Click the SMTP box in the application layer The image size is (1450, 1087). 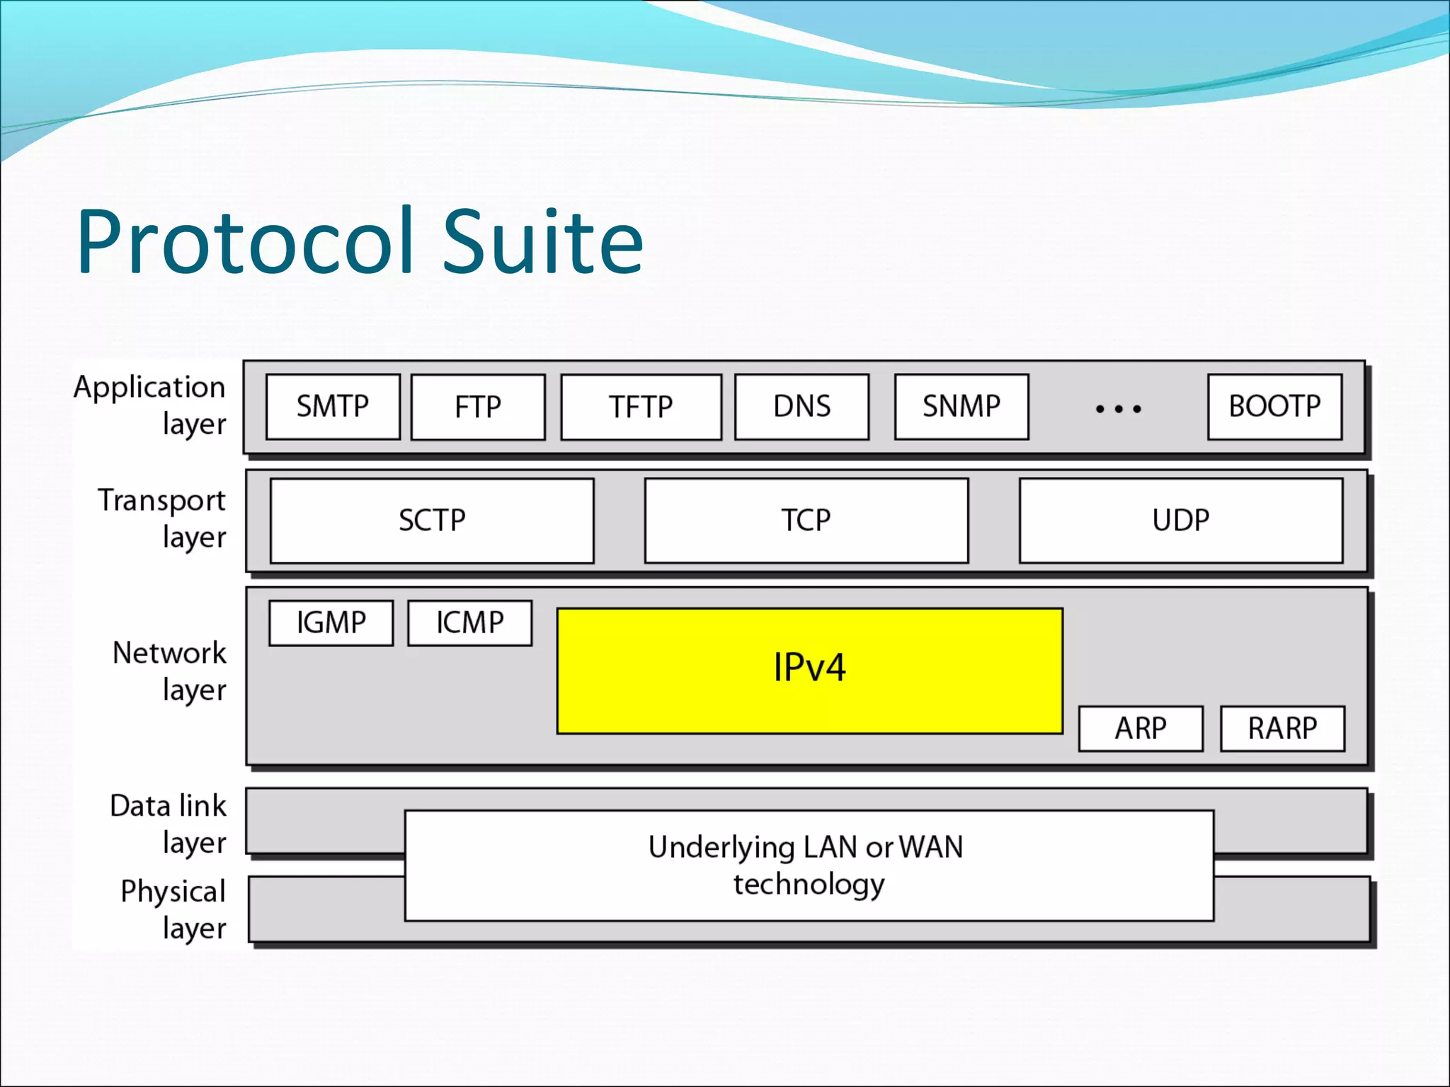point(333,407)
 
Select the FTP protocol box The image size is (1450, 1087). point(478,407)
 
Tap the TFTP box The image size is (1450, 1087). point(641,407)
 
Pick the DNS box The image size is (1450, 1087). point(801,407)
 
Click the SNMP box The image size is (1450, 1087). point(961,407)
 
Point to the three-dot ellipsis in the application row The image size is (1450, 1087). point(1118,409)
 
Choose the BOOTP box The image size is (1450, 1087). point(1274,407)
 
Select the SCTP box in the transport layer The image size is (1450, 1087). point(432,521)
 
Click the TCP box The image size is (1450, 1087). point(806,521)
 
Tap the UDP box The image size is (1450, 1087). point(1180,521)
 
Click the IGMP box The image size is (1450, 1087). point(331,623)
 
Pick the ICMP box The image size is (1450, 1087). point(469,623)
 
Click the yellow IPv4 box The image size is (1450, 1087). point(809,670)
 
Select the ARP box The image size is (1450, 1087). point(1141,728)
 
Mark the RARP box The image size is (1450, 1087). point(1282,728)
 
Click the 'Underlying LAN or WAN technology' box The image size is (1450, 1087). point(809,865)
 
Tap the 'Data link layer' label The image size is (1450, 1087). point(169,824)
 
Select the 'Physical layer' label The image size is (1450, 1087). point(173,909)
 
